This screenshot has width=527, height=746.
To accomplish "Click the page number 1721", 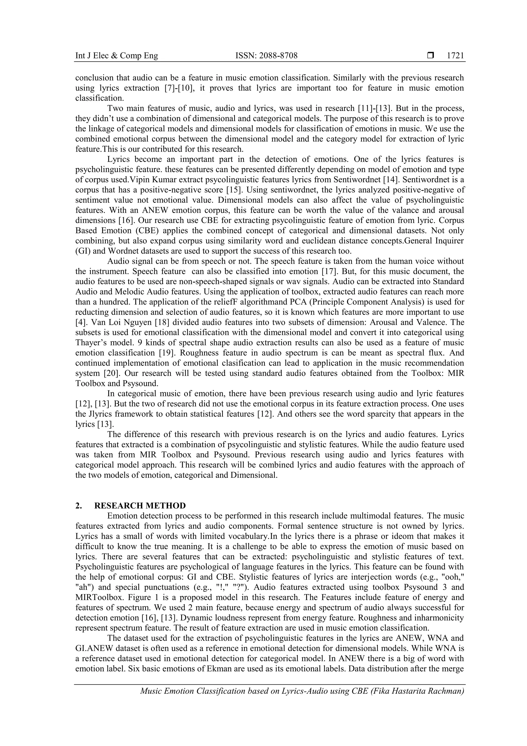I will (455, 56).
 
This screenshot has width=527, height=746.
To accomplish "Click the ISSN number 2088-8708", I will (266, 56).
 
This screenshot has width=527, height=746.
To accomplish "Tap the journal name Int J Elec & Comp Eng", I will (117, 56).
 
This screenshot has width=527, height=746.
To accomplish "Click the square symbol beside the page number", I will (431, 56).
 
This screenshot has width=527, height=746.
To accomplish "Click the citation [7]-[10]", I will (177, 88).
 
